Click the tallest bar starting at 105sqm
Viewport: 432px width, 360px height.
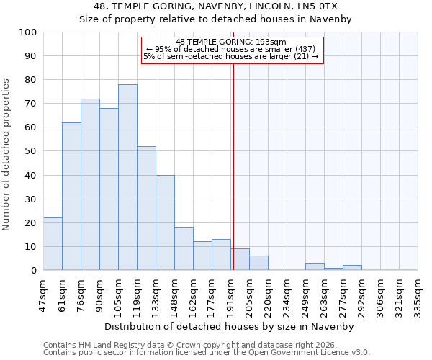point(127,177)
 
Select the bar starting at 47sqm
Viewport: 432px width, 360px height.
point(53,244)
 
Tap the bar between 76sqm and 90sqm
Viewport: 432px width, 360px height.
point(90,184)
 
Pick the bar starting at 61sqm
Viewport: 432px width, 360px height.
point(71,197)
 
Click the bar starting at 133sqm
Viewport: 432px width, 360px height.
point(165,222)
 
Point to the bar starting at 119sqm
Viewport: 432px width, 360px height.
point(146,208)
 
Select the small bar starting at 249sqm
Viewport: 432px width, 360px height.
point(315,267)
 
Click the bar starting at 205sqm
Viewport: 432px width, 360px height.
point(258,264)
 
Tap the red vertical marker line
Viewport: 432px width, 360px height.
point(233,158)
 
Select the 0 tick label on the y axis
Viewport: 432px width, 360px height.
point(34,271)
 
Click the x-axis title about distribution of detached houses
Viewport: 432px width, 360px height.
point(230,327)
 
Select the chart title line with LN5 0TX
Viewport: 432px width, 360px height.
point(216,6)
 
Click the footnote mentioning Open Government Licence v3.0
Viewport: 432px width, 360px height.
point(207,353)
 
